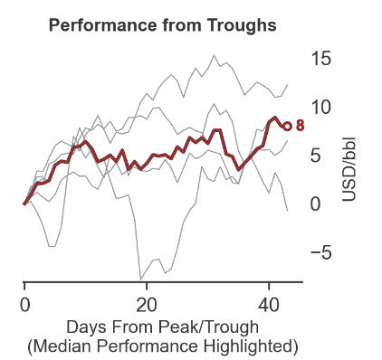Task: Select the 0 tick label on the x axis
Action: point(24,304)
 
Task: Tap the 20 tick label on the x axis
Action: point(147,304)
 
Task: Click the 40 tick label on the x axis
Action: point(269,304)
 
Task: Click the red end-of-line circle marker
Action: point(287,127)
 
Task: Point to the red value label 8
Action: point(301,127)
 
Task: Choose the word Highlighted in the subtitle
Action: point(246,346)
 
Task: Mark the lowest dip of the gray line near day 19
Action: point(140,278)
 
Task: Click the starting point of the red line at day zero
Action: point(24,204)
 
